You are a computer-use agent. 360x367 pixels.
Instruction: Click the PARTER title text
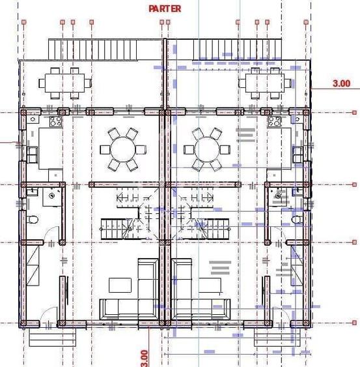pos(165,8)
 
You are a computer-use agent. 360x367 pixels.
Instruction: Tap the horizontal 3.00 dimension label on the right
pos(341,83)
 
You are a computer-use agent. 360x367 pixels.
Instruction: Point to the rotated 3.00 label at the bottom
pos(144,357)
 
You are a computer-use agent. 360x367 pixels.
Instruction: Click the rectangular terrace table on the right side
pos(263,83)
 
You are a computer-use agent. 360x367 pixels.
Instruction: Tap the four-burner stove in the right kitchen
pos(274,121)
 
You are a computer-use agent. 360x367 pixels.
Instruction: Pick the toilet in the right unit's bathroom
pos(297,219)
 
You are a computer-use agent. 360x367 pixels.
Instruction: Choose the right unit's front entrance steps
pos(270,337)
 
